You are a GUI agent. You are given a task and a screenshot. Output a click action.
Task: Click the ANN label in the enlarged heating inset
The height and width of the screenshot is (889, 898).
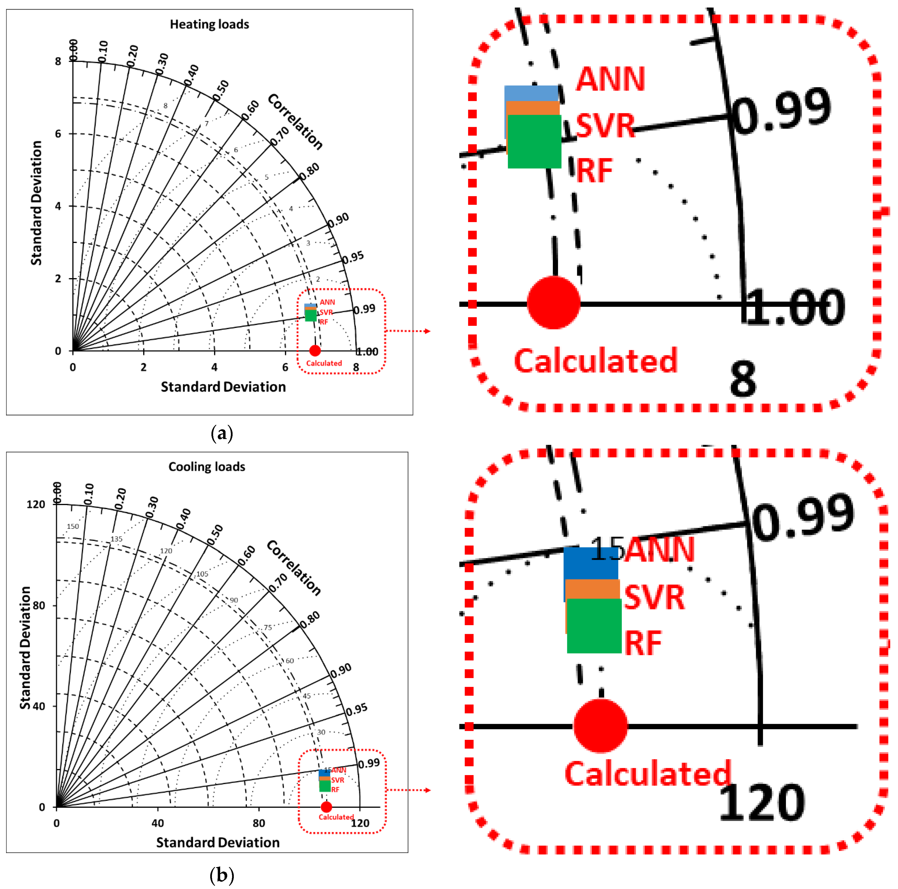point(610,79)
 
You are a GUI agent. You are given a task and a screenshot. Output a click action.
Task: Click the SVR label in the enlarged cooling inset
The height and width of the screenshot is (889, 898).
point(654,597)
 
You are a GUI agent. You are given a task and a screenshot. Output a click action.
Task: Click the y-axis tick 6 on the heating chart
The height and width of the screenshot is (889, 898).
point(58,134)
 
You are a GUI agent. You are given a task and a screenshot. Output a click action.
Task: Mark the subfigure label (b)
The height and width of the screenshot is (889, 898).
point(222,876)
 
